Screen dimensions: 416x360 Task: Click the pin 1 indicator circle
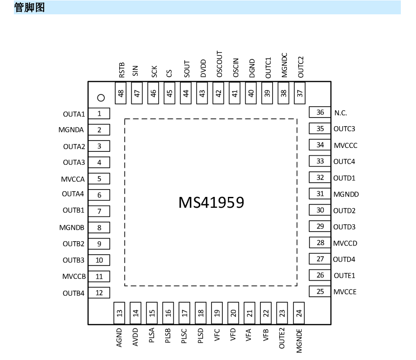pyautogui.click(x=101, y=98)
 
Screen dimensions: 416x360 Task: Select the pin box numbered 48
pyautogui.click(x=121, y=93)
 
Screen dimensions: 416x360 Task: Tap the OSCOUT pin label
pyautogui.click(x=219, y=64)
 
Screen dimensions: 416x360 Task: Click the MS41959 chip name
pyautogui.click(x=211, y=203)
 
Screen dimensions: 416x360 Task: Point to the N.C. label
pyautogui.click(x=341, y=113)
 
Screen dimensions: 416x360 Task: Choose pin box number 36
pyautogui.click(x=320, y=112)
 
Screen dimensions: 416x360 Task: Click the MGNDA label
pyautogui.click(x=71, y=130)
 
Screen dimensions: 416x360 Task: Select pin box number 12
pyautogui.click(x=99, y=293)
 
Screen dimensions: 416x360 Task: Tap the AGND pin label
pyautogui.click(x=119, y=338)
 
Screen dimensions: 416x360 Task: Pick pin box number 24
pyautogui.click(x=299, y=313)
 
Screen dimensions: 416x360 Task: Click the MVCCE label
pyautogui.click(x=345, y=292)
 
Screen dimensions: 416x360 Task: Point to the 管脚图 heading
pyautogui.click(x=29, y=7)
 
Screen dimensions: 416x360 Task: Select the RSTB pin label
pyautogui.click(x=121, y=70)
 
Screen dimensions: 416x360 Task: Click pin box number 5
pyautogui.click(x=99, y=179)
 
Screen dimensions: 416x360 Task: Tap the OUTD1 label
pyautogui.click(x=344, y=178)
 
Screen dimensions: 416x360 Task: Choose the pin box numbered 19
pyautogui.click(x=217, y=313)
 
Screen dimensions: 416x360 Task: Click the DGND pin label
pyautogui.click(x=252, y=68)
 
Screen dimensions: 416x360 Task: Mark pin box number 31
pyautogui.click(x=320, y=194)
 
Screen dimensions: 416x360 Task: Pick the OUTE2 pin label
pyautogui.click(x=282, y=338)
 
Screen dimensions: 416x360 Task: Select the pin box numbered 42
pyautogui.click(x=218, y=93)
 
